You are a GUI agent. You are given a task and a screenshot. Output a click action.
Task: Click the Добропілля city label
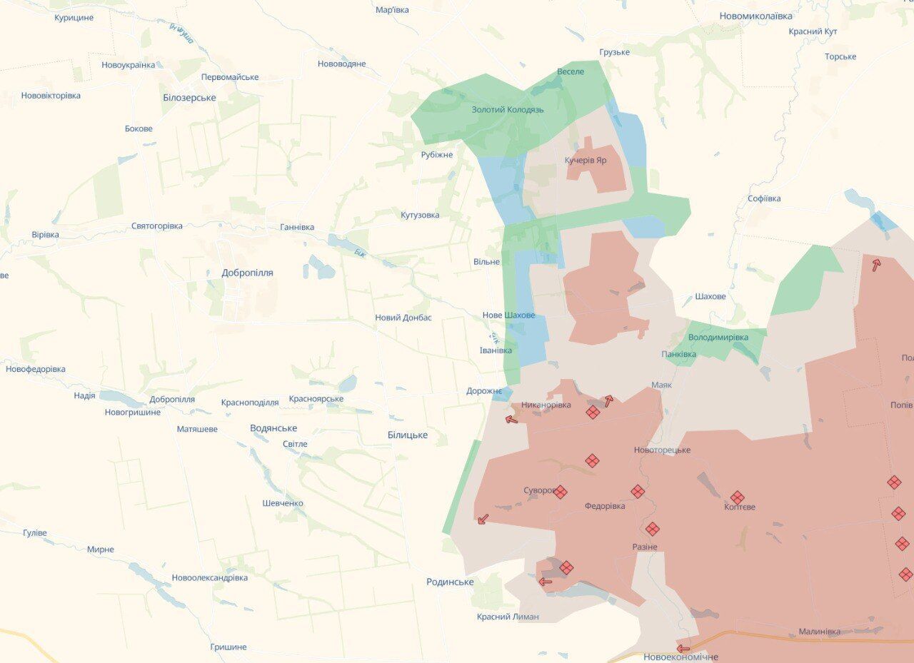247,273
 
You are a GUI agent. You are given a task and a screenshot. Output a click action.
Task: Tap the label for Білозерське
189,98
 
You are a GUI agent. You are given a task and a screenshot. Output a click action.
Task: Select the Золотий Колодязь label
508,110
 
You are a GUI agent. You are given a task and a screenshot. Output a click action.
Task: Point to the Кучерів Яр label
586,161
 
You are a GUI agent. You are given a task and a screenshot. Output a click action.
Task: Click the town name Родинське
450,582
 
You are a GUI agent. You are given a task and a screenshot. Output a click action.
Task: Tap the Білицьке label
408,435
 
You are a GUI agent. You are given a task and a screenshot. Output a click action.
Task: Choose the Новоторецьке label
662,450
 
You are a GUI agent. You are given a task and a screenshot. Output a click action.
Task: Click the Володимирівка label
718,337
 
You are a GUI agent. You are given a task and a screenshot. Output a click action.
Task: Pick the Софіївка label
764,199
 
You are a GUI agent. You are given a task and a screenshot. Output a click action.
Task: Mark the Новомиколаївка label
755,16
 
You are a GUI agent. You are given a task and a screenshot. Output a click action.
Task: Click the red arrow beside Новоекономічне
683,649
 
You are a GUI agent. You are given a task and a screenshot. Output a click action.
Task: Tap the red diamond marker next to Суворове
561,492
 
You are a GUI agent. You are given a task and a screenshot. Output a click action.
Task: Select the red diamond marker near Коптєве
738,497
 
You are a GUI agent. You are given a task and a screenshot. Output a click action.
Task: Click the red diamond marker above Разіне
652,529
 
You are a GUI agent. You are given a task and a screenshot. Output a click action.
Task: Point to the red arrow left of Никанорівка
511,419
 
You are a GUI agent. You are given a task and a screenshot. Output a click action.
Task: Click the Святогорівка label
156,226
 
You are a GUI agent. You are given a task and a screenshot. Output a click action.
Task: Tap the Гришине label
228,647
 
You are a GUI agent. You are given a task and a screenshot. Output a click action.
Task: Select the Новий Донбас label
403,318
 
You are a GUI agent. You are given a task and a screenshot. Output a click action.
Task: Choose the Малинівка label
819,632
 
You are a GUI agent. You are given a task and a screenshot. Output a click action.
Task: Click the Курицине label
74,18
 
